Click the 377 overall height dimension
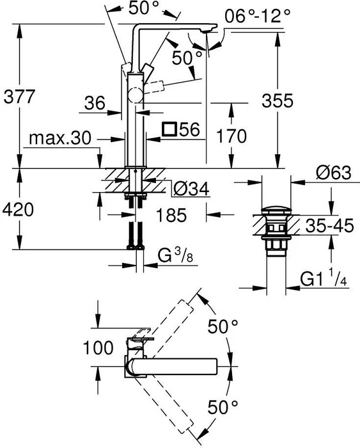pos(19,97)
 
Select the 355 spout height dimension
pos(278,100)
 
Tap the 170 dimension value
pos(231,136)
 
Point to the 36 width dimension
pos(95,103)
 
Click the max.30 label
pos(60,138)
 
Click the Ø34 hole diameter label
pos(191,189)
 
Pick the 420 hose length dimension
pos(18,210)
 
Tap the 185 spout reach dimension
pos(171,215)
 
